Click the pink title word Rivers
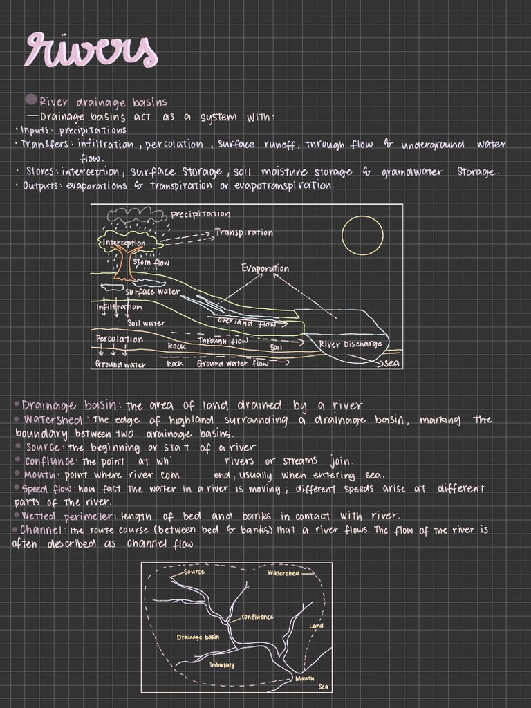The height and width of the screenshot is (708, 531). point(91,50)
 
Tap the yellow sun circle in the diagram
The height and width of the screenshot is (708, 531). point(362,234)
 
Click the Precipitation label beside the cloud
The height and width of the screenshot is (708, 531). point(200,214)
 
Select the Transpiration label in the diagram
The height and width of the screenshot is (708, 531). point(243,233)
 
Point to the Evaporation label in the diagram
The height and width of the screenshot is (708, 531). point(265,268)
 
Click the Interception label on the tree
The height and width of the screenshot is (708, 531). point(124,243)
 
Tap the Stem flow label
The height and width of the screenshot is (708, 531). point(150,263)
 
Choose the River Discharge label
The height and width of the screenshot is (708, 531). point(350,344)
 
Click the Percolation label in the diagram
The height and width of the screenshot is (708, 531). point(119,339)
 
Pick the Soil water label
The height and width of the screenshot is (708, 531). point(146,323)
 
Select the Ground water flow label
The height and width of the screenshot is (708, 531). point(232,363)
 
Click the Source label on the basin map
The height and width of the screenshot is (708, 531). point(194,572)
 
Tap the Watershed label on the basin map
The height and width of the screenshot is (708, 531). point(283,572)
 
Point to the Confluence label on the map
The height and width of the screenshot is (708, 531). point(257,617)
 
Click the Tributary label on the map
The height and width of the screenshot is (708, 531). point(221,665)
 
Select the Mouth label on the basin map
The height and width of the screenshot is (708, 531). point(304,678)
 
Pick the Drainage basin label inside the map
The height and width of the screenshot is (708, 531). point(198,637)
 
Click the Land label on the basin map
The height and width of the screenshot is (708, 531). point(316,626)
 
